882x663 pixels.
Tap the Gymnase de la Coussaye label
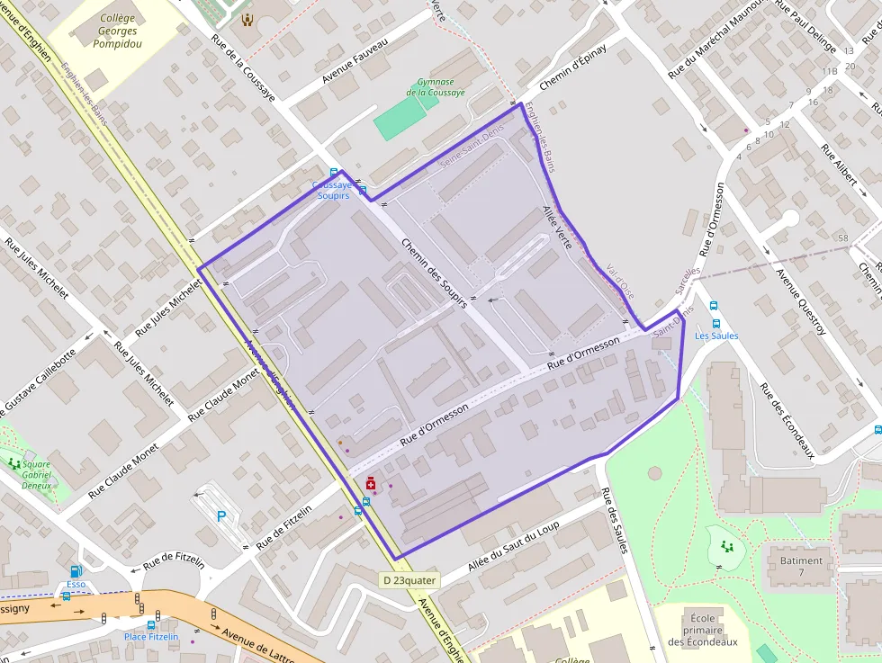[x=436, y=87]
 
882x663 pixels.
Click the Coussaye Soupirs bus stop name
[x=331, y=191]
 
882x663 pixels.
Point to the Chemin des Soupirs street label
[x=434, y=273]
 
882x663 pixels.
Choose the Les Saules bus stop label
[x=716, y=336]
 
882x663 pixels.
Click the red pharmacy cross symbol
[x=371, y=485]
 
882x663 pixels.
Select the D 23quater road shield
[x=409, y=580]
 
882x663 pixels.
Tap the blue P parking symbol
[x=222, y=516]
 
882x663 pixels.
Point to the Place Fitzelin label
[x=151, y=637]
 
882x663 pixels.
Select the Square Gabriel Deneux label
[x=36, y=475]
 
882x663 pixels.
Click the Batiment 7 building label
[x=801, y=566]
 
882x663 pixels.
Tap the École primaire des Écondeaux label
[x=703, y=630]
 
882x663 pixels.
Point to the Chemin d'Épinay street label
[x=572, y=68]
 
